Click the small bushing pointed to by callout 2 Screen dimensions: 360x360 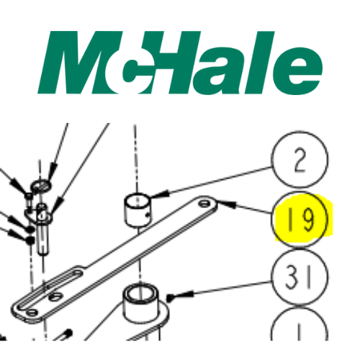pos(137,209)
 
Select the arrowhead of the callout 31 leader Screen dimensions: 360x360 pos(170,296)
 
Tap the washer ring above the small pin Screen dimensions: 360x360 pos(41,186)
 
